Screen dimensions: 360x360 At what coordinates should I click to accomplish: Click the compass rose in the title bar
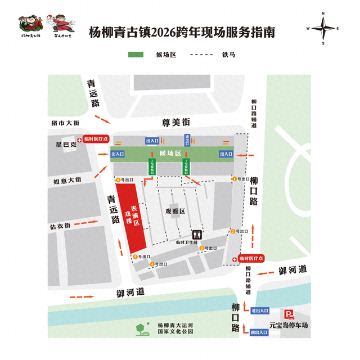click(x=323, y=28)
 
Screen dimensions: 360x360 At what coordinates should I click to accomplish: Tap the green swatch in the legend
click(x=136, y=55)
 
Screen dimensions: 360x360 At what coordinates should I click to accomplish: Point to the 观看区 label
click(x=175, y=211)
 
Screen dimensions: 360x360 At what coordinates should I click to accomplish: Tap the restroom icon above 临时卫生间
click(x=197, y=233)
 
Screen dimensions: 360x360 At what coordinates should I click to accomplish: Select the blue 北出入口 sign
click(x=260, y=310)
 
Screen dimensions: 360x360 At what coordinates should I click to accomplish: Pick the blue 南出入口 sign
click(x=260, y=332)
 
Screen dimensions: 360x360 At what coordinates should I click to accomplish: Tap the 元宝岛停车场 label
click(x=287, y=325)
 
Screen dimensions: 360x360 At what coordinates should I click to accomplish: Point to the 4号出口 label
click(x=158, y=264)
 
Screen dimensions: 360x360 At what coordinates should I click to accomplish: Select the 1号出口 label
click(x=240, y=179)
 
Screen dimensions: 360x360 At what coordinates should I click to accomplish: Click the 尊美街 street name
click(x=176, y=122)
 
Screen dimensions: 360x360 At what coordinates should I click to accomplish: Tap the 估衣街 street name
click(x=60, y=226)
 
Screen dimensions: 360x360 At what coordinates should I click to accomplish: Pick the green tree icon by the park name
click(x=142, y=329)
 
